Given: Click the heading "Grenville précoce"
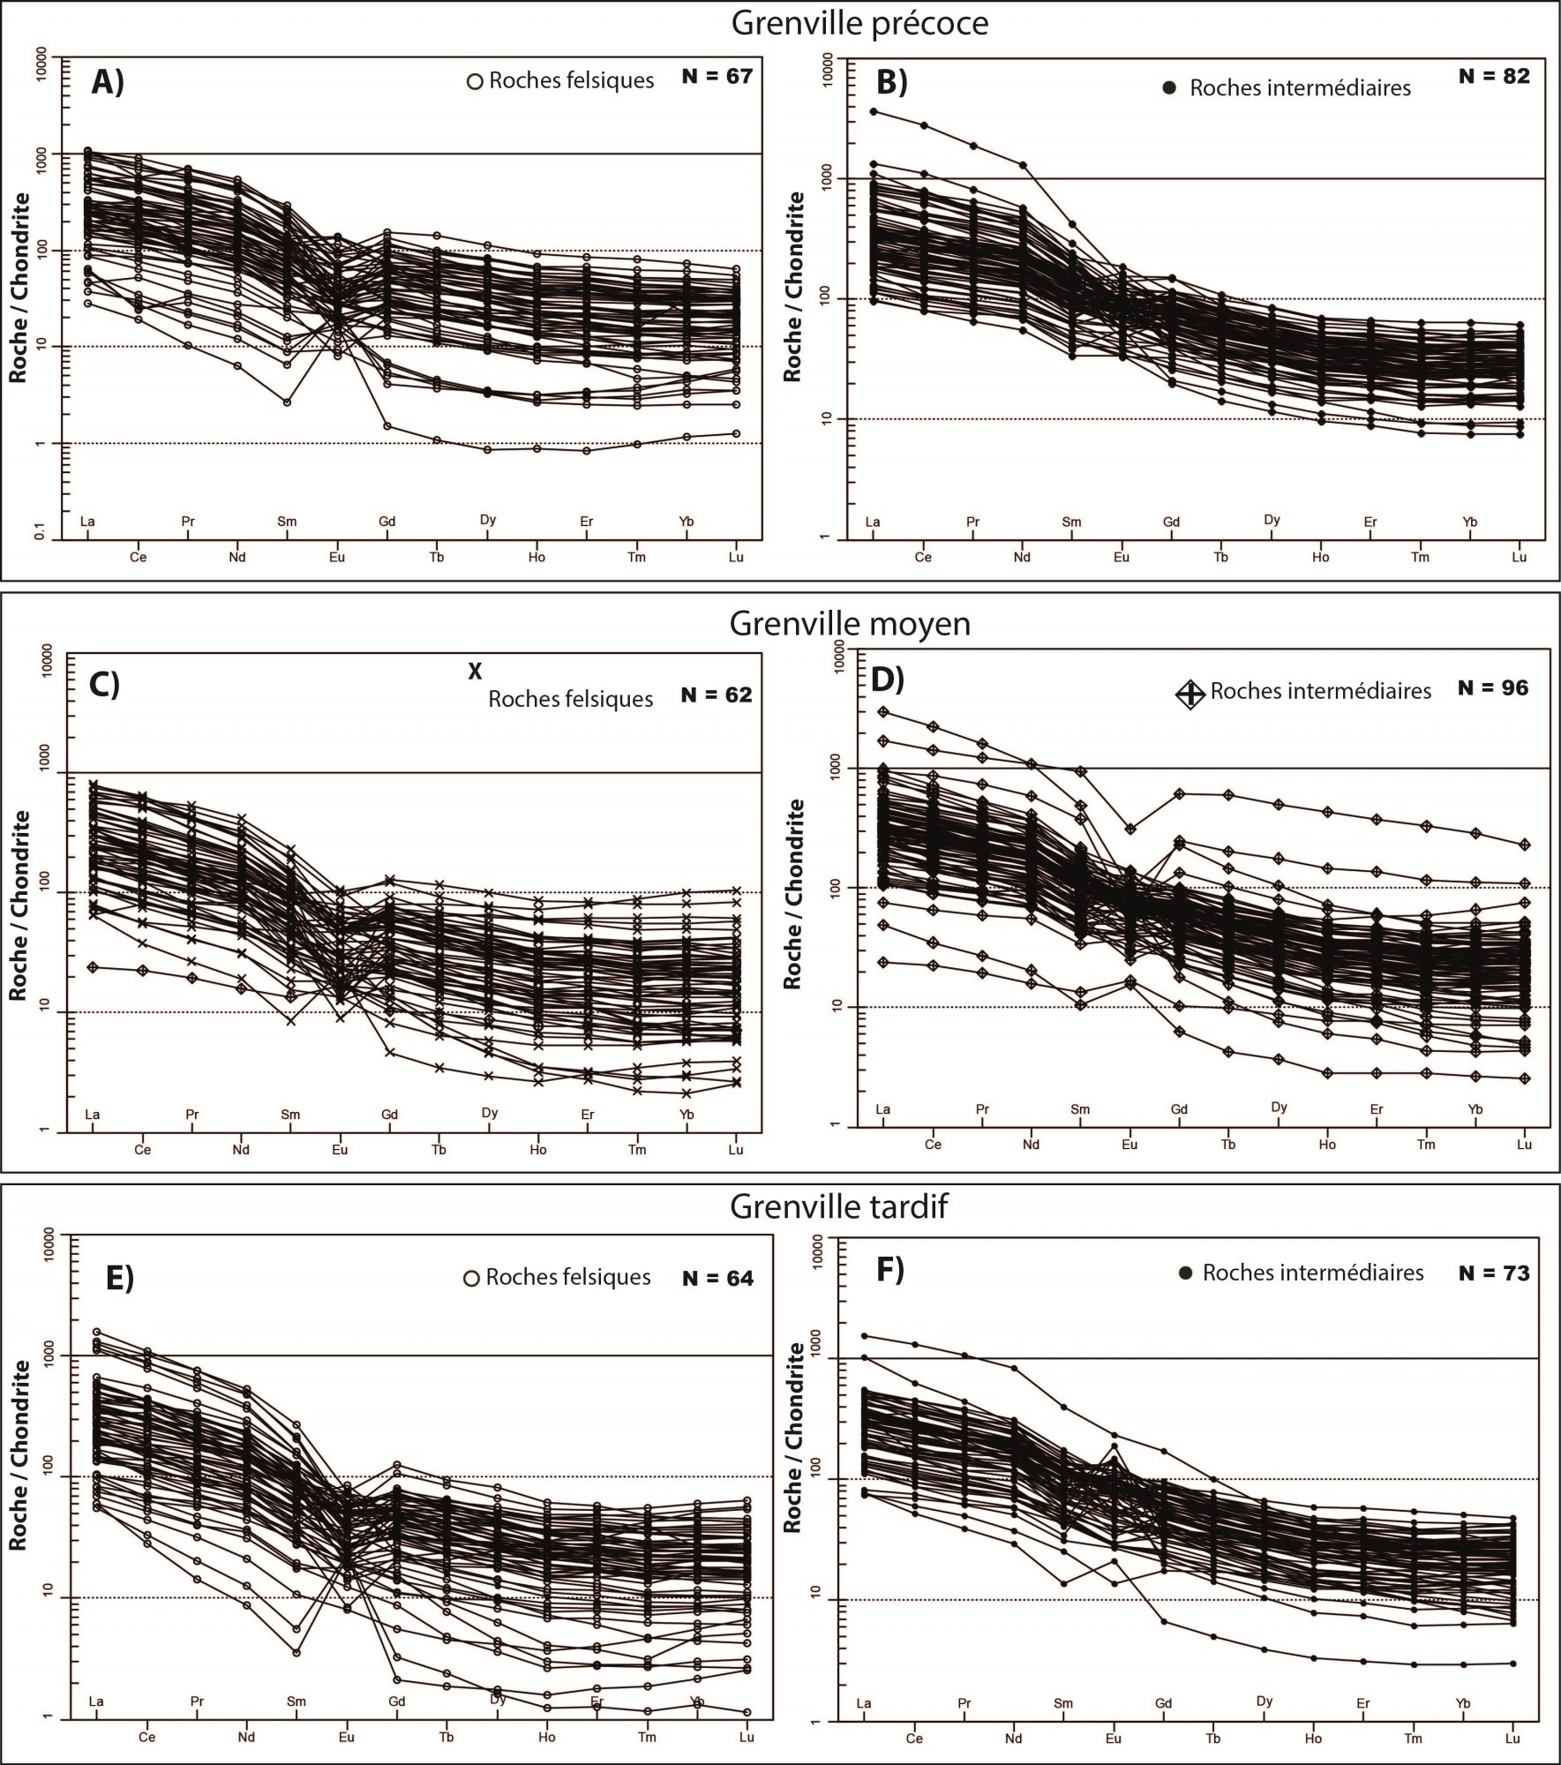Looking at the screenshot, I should coord(859,24).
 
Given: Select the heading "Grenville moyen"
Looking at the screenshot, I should coord(849,624).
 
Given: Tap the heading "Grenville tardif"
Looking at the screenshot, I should coord(838,1206).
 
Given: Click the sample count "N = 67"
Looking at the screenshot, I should coord(717,76).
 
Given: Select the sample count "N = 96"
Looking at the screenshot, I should coord(1492,687).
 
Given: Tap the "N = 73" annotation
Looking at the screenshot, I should coord(1494,1273).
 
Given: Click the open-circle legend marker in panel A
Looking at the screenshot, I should coord(475,81).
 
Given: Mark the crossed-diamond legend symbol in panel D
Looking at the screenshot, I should coord(1190,694).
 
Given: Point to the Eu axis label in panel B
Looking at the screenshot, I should coord(1121,558).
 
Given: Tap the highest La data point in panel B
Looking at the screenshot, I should coord(873,111).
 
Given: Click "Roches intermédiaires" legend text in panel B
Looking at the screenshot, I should coord(1300,88).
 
